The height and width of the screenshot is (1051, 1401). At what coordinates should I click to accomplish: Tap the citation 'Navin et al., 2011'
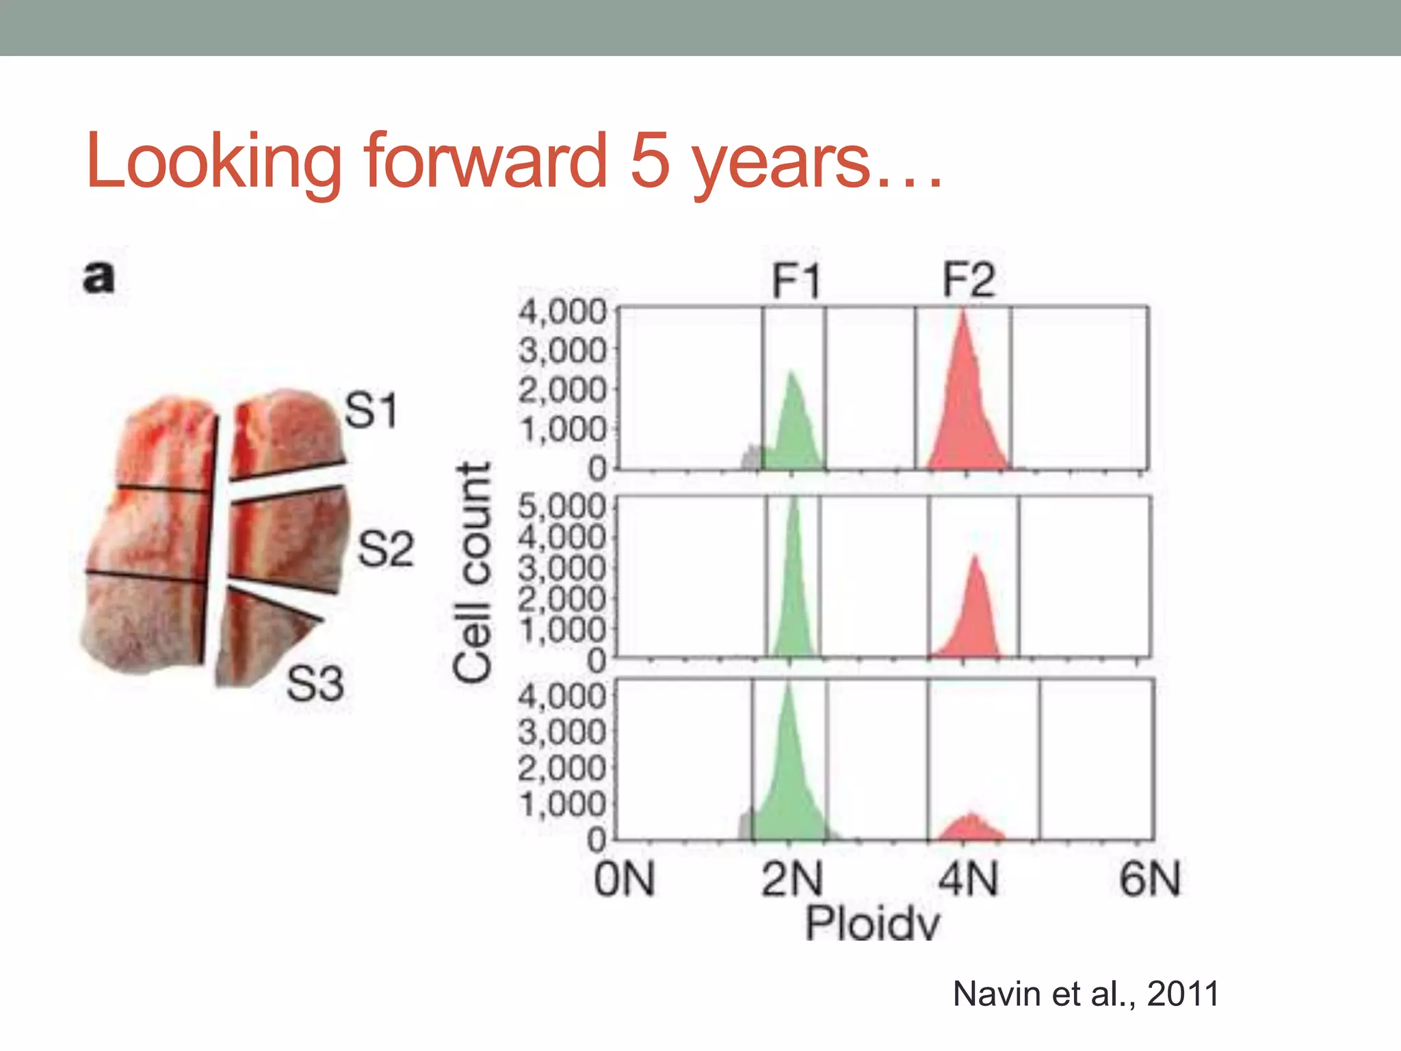tap(1086, 994)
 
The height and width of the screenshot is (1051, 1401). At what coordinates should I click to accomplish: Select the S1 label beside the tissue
tap(371, 411)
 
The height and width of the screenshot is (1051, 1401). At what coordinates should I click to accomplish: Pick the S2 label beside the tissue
tap(386, 549)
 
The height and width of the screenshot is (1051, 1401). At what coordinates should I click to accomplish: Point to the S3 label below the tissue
tap(315, 684)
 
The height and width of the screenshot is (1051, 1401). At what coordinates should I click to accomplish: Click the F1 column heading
tap(795, 281)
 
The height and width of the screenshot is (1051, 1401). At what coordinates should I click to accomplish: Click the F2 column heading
tap(968, 280)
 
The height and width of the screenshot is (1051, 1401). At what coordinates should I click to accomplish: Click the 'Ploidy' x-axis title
tap(872, 924)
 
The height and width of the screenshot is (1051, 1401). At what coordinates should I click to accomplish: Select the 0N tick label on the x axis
tap(624, 880)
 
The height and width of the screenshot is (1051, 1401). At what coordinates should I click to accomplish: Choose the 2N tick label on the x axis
tap(792, 880)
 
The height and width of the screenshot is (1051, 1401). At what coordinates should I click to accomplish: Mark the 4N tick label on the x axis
tap(968, 880)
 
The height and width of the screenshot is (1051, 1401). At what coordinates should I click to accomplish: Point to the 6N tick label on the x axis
tap(1149, 880)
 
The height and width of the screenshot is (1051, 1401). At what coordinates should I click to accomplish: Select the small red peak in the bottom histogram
tap(970, 828)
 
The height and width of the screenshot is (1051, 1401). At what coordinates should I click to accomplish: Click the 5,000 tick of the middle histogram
tap(562, 507)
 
